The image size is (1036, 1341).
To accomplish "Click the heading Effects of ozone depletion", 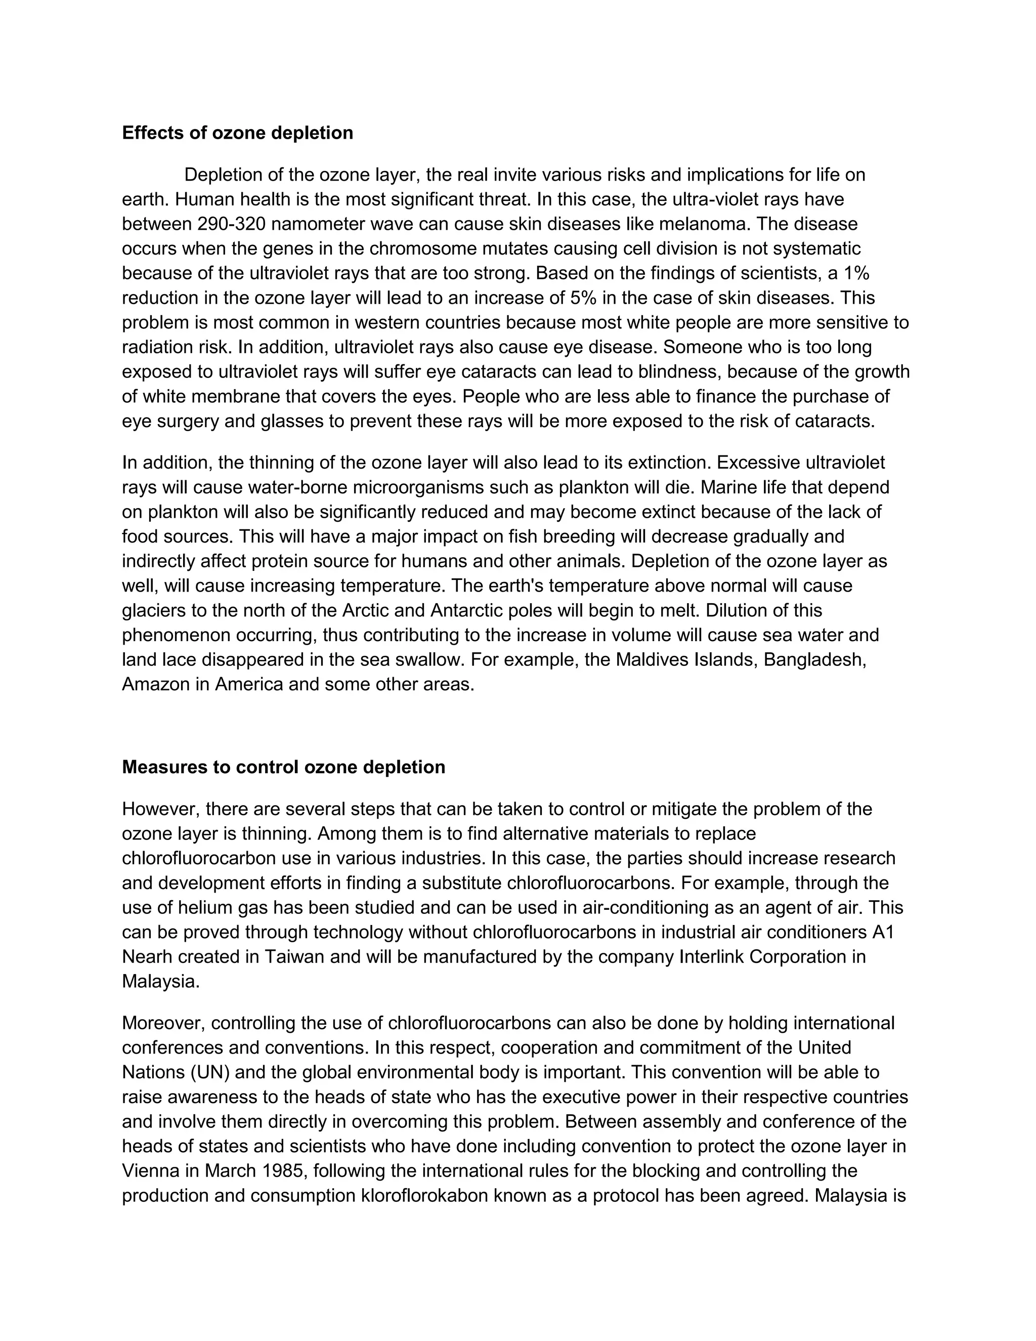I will tap(238, 133).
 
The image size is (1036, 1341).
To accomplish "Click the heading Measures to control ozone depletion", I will tap(284, 768).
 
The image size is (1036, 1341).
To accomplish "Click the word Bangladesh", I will tap(814, 660).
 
